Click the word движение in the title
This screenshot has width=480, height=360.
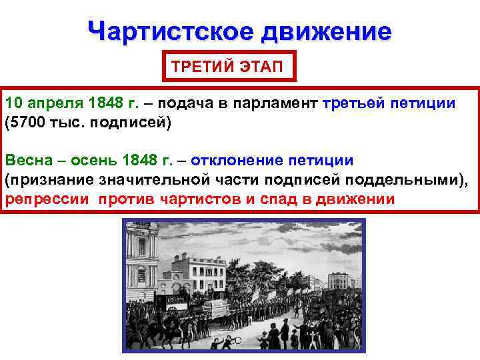[326, 31]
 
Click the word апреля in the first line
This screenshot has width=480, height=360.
[51, 104]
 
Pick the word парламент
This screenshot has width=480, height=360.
[282, 104]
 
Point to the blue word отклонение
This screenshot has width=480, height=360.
[239, 161]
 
